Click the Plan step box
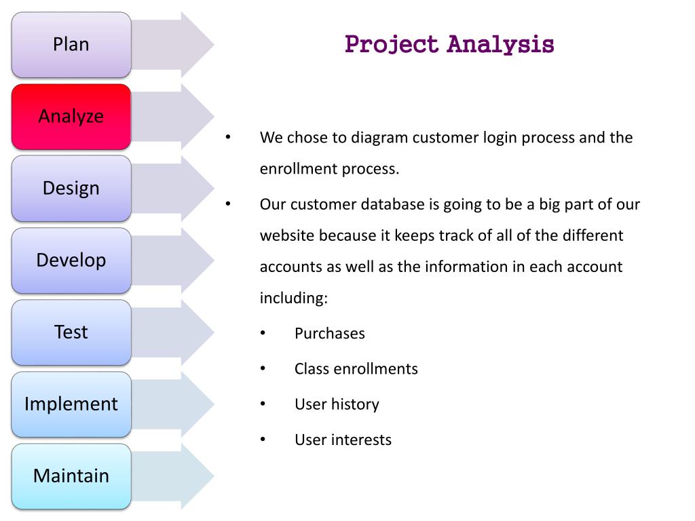(71, 45)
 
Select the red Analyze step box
(71, 117)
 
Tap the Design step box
(71, 189)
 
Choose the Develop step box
(71, 260)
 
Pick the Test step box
(71, 332)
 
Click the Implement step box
(71, 404)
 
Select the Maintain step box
(71, 476)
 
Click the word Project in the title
(392, 45)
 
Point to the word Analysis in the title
(501, 45)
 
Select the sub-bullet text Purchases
(329, 334)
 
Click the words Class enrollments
(356, 369)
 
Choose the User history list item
(337, 404)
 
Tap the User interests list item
(343, 440)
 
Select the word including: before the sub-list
(293, 298)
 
